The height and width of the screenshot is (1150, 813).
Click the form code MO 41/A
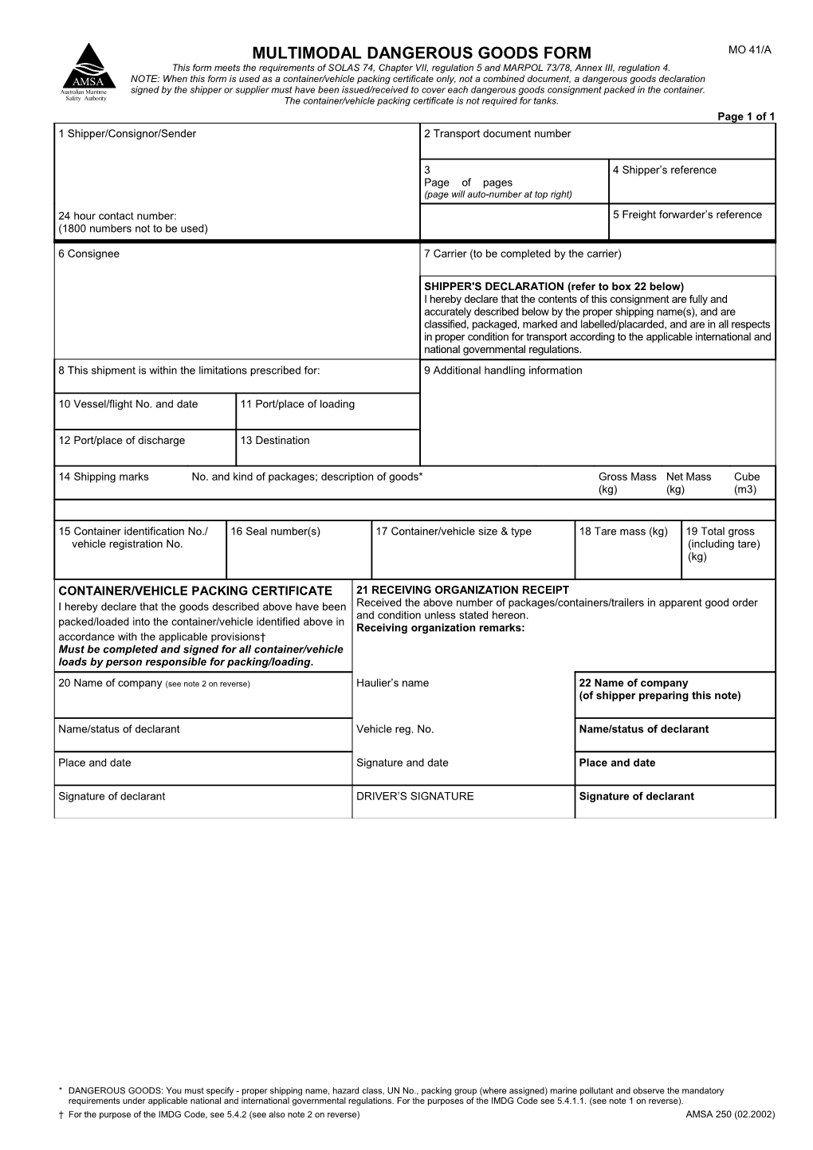[x=750, y=50]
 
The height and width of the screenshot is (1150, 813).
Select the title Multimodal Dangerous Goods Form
[x=422, y=53]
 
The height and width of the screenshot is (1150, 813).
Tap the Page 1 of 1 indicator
[x=746, y=116]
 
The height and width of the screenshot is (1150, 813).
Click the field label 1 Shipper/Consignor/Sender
[x=127, y=134]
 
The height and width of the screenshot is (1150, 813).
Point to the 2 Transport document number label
[x=497, y=134]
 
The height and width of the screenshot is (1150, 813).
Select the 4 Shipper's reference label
[x=664, y=170]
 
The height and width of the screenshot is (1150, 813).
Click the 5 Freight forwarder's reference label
[x=687, y=214]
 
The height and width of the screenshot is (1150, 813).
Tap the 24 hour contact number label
[x=117, y=216]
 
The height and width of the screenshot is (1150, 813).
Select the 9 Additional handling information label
[x=503, y=371]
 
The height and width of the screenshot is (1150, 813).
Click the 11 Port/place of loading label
[x=297, y=404]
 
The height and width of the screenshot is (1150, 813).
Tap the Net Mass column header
[x=688, y=477]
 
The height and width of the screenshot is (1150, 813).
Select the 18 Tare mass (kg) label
[x=623, y=532]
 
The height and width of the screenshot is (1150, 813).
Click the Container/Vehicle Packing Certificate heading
[x=195, y=591]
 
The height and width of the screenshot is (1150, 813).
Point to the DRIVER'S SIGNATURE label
[x=414, y=796]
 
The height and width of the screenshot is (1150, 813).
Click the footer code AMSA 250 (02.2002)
[x=730, y=1114]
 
